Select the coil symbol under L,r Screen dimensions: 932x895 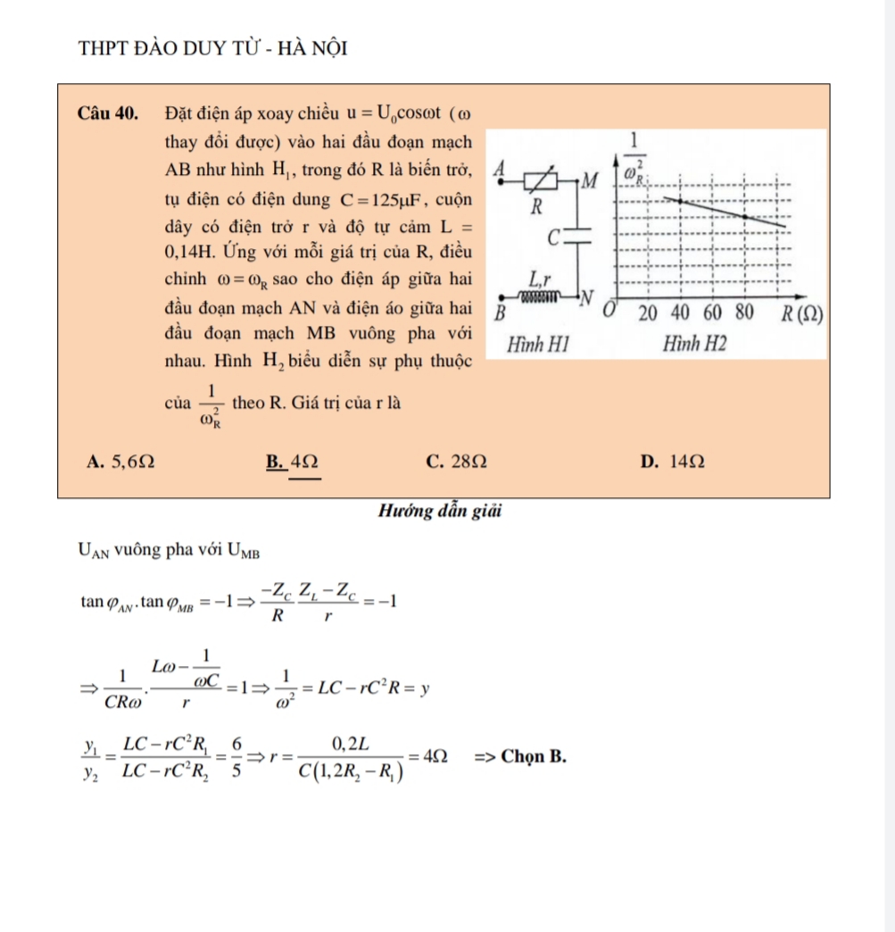[x=540, y=295]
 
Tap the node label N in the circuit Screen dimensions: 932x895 [x=586, y=297]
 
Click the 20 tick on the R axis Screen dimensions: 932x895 [x=649, y=313]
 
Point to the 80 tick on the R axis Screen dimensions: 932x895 [x=743, y=313]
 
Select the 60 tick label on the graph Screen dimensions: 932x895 [x=712, y=313]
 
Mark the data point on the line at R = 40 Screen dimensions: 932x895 [x=682, y=201]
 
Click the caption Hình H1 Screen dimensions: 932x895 [x=537, y=344]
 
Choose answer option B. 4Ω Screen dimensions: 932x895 [x=292, y=462]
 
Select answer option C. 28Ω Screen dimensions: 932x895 [x=457, y=462]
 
